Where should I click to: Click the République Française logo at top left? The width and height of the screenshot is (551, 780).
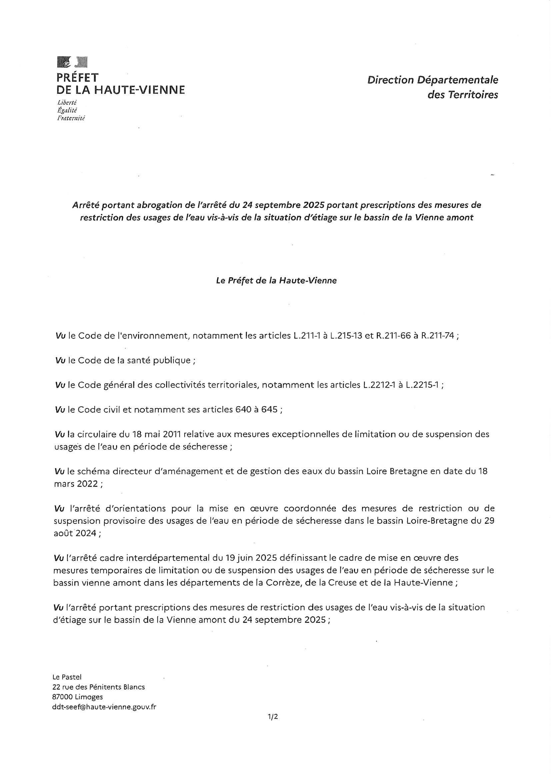click(72, 62)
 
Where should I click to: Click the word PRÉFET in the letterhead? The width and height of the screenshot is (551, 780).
click(77, 78)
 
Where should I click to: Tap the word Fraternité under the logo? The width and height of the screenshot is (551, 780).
click(71, 118)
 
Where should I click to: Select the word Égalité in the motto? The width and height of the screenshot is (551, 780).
click(68, 110)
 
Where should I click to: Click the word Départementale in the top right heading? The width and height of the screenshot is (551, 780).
click(458, 80)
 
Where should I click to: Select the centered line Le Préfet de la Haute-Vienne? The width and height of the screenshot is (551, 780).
click(276, 281)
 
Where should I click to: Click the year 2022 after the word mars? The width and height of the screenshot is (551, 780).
click(87, 483)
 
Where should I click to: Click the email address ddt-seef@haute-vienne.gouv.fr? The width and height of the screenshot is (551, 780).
click(104, 707)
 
